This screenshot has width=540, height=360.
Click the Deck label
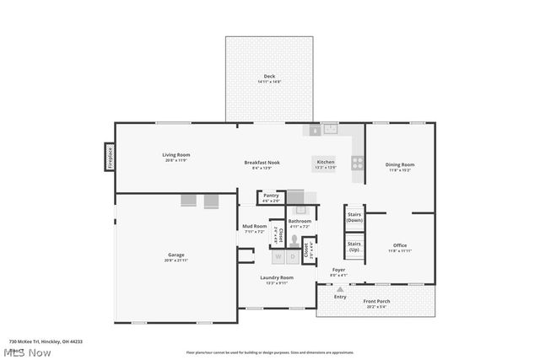click(x=269, y=77)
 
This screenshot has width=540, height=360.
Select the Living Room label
click(x=176, y=154)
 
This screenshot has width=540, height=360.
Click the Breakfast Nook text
click(x=262, y=162)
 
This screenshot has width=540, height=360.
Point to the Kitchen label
click(x=326, y=161)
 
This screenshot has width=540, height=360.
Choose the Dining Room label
click(x=400, y=164)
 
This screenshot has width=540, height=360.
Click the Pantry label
click(x=271, y=196)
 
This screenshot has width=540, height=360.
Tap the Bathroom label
click(x=300, y=221)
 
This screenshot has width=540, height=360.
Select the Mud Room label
click(x=255, y=226)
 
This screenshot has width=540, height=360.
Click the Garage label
click(x=175, y=255)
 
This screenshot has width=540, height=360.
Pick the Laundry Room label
click(x=277, y=277)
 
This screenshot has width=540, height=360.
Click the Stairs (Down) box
click(x=354, y=218)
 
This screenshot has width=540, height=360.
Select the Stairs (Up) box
click(x=354, y=246)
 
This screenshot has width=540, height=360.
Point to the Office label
click(x=400, y=245)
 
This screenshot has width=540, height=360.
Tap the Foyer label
click(x=337, y=270)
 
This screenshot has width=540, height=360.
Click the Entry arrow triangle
click(x=340, y=288)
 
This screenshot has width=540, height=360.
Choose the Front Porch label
click(x=376, y=301)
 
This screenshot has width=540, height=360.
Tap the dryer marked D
click(x=293, y=256)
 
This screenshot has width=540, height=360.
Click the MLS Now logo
click(x=30, y=352)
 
